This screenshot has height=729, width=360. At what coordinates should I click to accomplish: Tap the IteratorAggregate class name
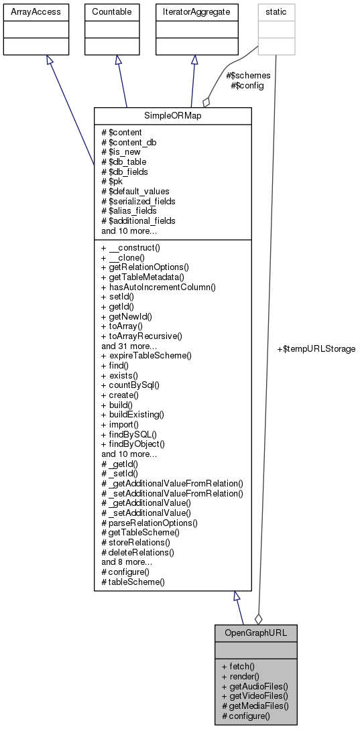click(x=194, y=12)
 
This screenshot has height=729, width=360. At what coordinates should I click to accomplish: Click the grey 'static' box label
click(x=276, y=12)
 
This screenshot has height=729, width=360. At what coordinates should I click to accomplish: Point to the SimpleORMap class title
click(x=173, y=116)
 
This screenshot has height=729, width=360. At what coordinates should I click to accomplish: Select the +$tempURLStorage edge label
click(x=316, y=349)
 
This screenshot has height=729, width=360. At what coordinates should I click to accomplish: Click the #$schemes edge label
click(x=249, y=76)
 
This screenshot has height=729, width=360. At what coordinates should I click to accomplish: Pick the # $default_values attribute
click(x=135, y=191)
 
